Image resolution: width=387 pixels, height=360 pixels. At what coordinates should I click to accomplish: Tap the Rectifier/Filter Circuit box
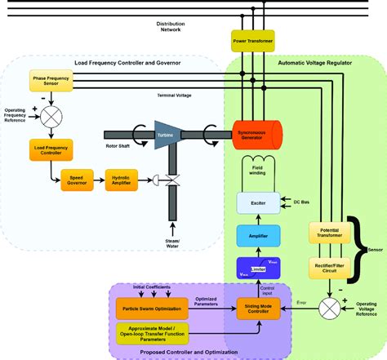tap(322, 267)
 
